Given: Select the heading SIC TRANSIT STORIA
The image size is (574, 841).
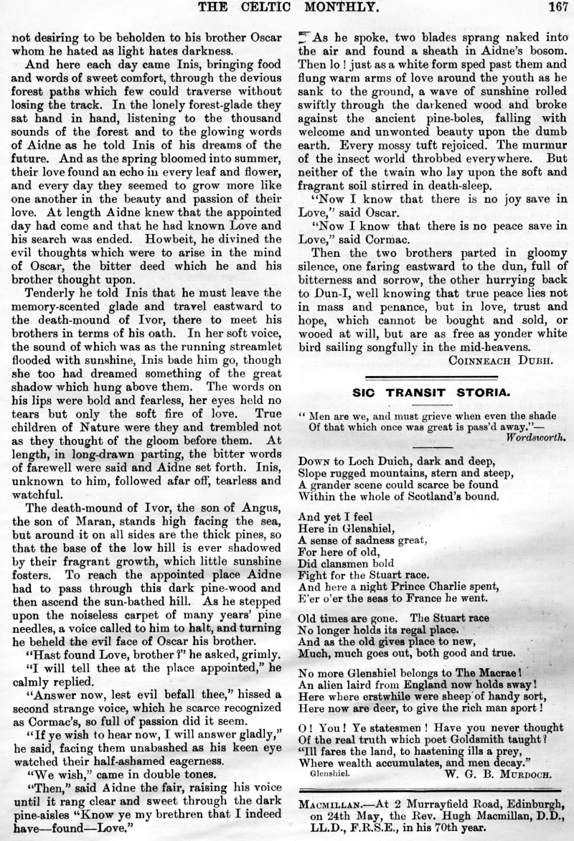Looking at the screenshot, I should tap(436, 392).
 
